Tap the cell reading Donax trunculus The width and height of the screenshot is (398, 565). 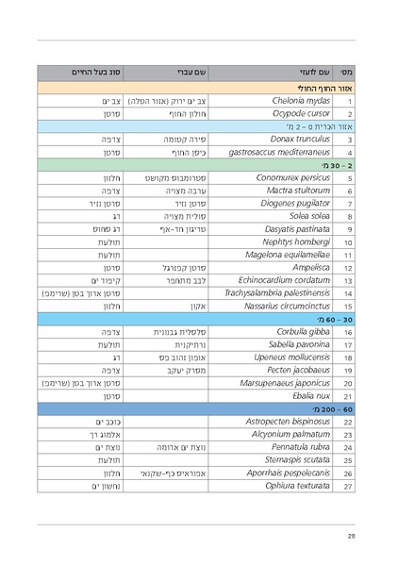(301, 139)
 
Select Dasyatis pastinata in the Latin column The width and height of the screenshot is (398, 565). (297, 228)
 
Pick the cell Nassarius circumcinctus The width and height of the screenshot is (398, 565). (286, 306)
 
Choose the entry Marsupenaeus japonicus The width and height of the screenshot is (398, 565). (287, 383)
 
